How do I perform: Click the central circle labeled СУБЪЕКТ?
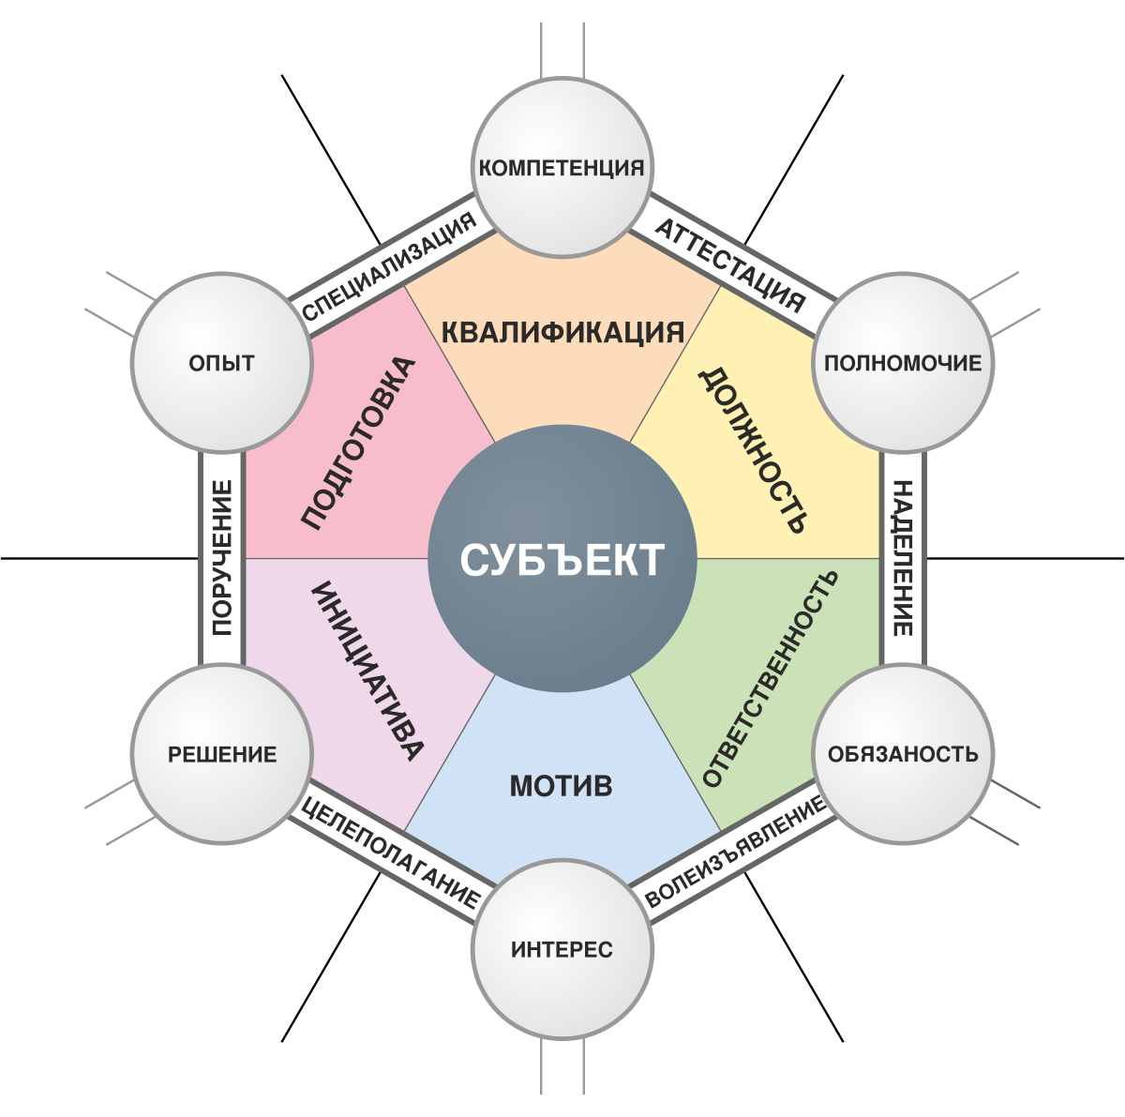pos(562,560)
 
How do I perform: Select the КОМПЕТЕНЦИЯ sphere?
pos(562,167)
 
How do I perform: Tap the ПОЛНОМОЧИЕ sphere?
pos(902,363)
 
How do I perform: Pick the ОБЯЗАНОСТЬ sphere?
pos(902,754)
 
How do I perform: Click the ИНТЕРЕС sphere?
pos(562,949)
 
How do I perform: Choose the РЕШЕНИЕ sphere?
pos(222,754)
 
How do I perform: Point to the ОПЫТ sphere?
pos(222,363)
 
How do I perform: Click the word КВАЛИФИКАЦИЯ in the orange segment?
pos(562,332)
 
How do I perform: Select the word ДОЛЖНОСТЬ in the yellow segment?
pos(752,450)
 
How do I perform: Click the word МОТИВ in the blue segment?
pos(562,785)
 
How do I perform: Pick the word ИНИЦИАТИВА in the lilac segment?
pos(367,672)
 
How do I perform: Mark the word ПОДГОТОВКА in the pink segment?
pos(358,443)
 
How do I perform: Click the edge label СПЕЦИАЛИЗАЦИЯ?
pos(390,267)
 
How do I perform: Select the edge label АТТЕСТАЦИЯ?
pos(728,266)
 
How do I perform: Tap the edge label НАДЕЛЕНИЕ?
pos(902,559)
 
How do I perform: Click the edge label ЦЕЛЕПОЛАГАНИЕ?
pos(390,852)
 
